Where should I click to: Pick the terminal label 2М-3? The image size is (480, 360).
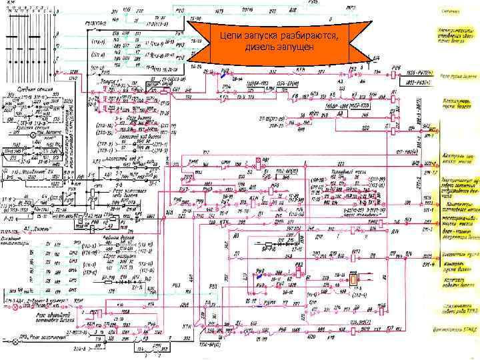click(x=427, y=230)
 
